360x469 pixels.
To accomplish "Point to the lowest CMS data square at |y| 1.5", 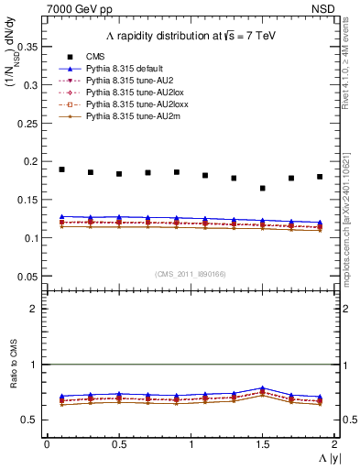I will click(x=263, y=188).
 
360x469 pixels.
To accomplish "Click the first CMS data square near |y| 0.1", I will click(x=61, y=169).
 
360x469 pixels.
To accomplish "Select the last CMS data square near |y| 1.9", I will click(x=320, y=177).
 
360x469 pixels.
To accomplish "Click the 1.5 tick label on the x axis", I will click(x=263, y=444).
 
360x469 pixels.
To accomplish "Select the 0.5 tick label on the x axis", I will click(x=119, y=444).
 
